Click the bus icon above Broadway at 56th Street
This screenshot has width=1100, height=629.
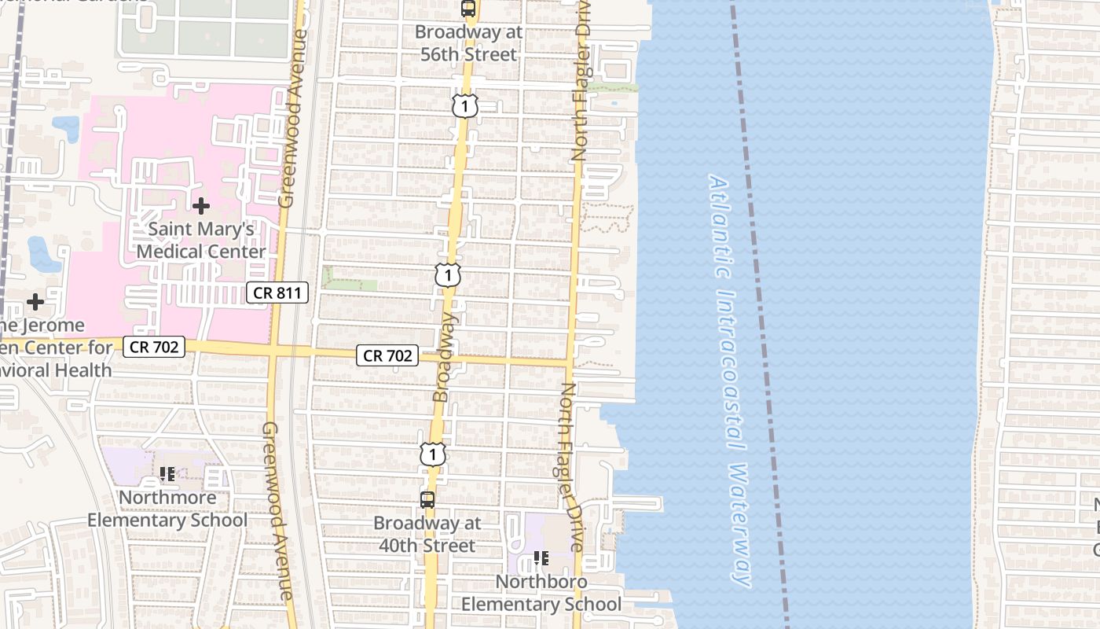pyautogui.click(x=468, y=9)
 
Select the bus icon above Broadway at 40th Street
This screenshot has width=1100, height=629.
pyautogui.click(x=427, y=499)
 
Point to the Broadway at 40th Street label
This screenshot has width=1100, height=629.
pyautogui.click(x=424, y=534)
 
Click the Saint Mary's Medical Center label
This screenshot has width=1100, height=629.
pyautogui.click(x=201, y=240)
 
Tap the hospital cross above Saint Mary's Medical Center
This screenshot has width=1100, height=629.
pyautogui.click(x=201, y=206)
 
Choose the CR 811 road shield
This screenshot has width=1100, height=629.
pyautogui.click(x=278, y=293)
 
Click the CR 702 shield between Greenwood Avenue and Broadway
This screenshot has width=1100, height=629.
pyautogui.click(x=388, y=355)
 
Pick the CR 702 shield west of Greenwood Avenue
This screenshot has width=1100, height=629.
pyautogui.click(x=154, y=346)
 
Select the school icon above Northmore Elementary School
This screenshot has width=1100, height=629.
pyautogui.click(x=167, y=474)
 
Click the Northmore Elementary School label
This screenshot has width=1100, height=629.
pyautogui.click(x=167, y=509)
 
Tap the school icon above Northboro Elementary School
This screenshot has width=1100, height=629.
pyautogui.click(x=541, y=558)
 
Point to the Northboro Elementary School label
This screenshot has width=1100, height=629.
pyautogui.click(x=541, y=593)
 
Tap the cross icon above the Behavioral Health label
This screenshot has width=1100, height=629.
pyautogui.click(x=35, y=302)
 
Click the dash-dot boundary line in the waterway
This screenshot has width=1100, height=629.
pyautogui.click(x=759, y=314)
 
